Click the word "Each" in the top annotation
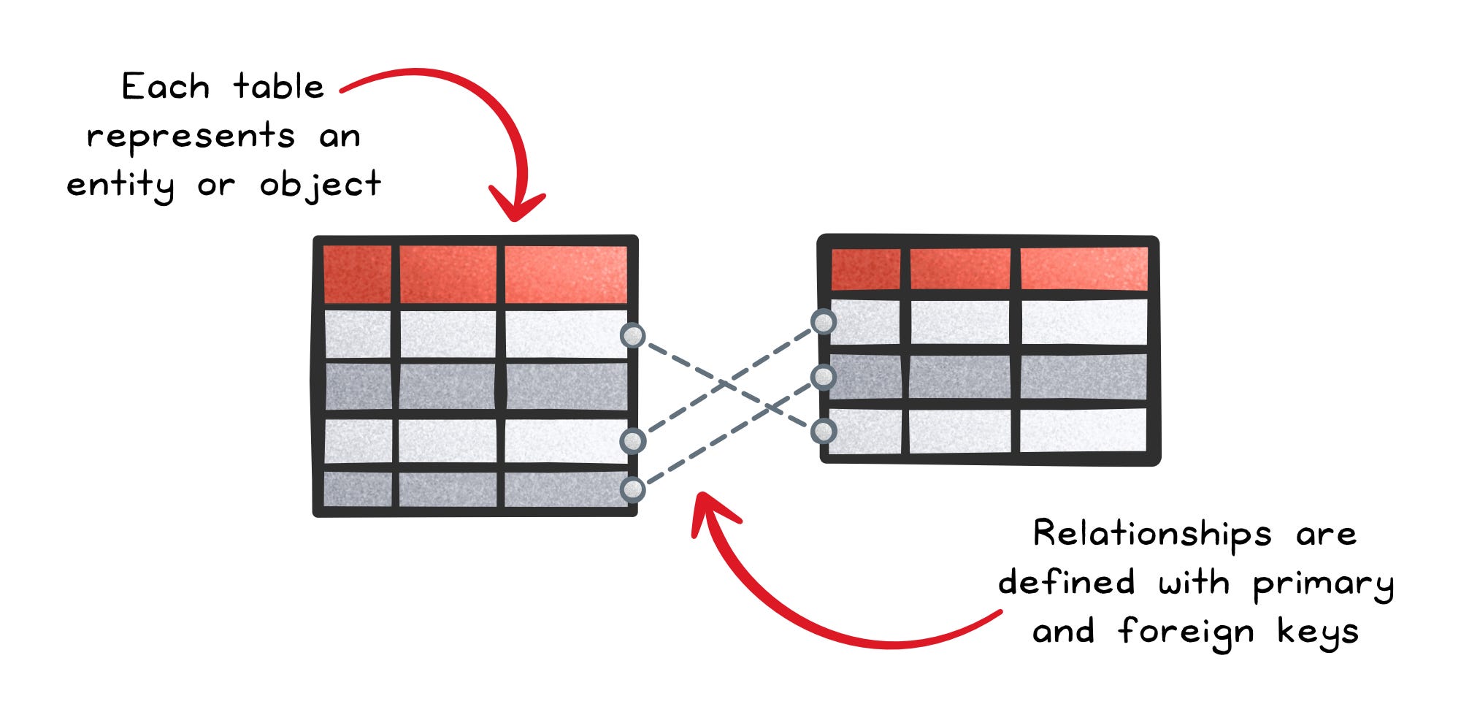pyautogui.click(x=166, y=87)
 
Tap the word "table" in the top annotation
pyautogui.click(x=278, y=87)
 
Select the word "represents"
pyautogui.click(x=191, y=137)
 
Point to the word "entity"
pyautogui.click(x=120, y=185)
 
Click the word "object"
pyautogui.click(x=321, y=185)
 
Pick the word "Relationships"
pyautogui.click(x=1152, y=534)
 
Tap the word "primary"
pyautogui.click(x=1323, y=584)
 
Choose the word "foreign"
pyautogui.click(x=1186, y=632)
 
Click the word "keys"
pyautogui.click(x=1318, y=632)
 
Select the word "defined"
pyautogui.click(x=1067, y=583)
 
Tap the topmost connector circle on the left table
pyautogui.click(x=632, y=336)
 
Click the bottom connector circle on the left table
pyautogui.click(x=632, y=489)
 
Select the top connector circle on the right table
pyautogui.click(x=824, y=321)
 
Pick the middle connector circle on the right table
pyautogui.click(x=824, y=377)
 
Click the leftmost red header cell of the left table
pyautogui.click(x=357, y=275)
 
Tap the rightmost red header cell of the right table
pyautogui.click(x=1084, y=269)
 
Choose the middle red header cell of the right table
pyautogui.click(x=960, y=269)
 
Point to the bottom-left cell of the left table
pyautogui.click(x=357, y=489)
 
